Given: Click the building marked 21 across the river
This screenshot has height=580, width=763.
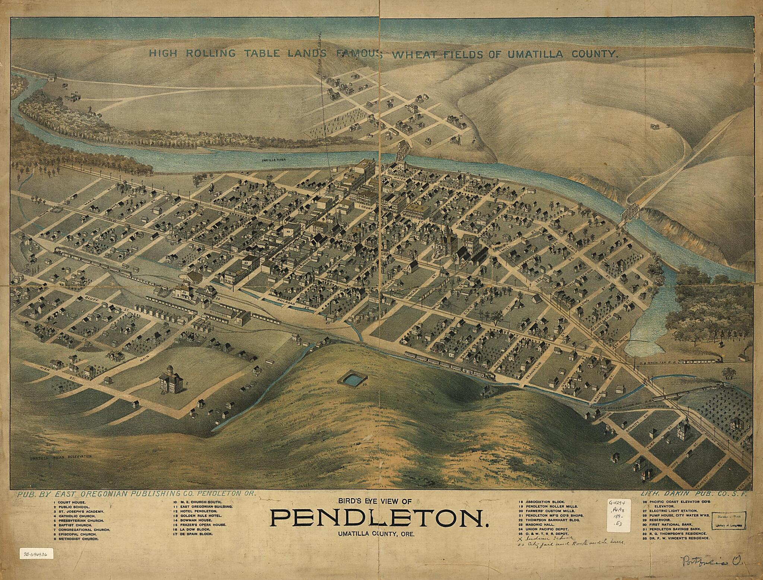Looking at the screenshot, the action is (x=73, y=97).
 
